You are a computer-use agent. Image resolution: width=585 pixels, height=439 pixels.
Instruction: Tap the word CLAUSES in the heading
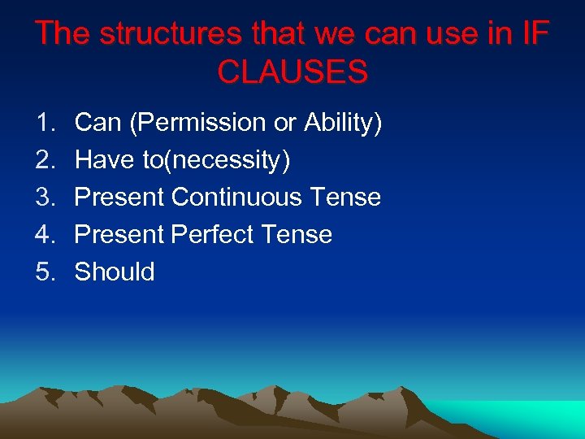pos(292,73)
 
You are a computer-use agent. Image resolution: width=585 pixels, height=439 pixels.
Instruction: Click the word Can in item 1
pos(98,123)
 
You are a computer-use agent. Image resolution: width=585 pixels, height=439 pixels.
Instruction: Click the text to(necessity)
pos(216,161)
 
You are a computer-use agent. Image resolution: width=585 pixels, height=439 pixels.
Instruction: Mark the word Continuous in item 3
pos(240,198)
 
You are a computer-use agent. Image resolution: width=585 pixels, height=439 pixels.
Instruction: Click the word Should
pos(115,272)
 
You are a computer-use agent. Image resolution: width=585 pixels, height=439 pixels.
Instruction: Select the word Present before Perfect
pos(119,235)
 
